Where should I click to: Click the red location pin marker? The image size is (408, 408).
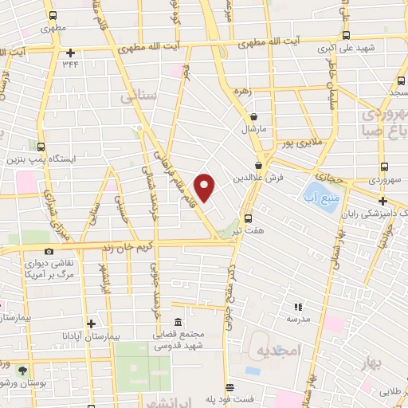coord(205,188)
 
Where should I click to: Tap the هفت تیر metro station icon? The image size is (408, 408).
coord(248,217)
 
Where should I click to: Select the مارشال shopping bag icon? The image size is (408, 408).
coord(253,116)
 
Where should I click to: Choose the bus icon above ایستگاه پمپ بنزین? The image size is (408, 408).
coord(41,147)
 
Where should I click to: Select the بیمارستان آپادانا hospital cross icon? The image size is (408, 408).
coord(91,324)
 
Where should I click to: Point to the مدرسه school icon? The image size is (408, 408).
coord(298,306)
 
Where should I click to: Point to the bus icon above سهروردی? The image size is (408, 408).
coord(385,167)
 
